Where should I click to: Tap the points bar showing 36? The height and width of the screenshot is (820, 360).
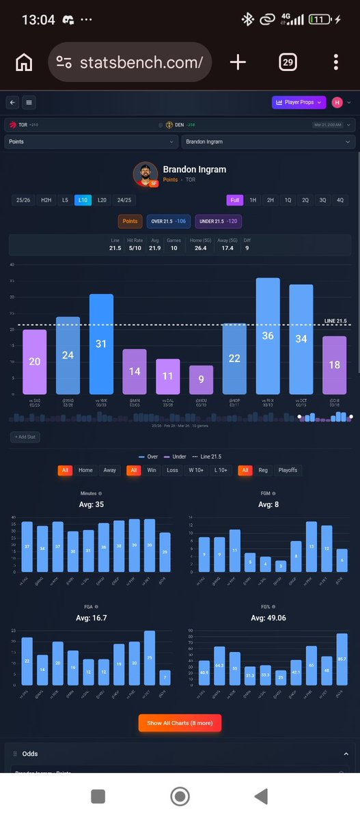click(x=268, y=336)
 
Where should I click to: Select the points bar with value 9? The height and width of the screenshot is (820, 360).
click(x=201, y=379)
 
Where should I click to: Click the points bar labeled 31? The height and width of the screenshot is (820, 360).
click(x=100, y=344)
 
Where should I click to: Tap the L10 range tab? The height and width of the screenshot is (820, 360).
click(x=83, y=200)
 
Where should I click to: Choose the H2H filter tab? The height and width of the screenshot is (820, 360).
click(x=46, y=200)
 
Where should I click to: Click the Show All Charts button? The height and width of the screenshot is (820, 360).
click(x=180, y=723)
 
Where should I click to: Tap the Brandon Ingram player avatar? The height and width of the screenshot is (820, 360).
click(x=146, y=174)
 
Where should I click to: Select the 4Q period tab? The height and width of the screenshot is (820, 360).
click(x=340, y=200)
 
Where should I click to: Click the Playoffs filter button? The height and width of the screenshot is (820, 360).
click(x=288, y=470)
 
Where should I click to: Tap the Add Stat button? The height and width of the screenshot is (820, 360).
click(x=25, y=436)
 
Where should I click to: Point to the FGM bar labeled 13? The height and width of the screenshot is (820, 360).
click(x=311, y=547)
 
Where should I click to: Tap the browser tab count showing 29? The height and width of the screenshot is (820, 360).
click(x=288, y=63)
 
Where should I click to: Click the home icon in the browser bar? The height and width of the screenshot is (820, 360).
click(x=24, y=63)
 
